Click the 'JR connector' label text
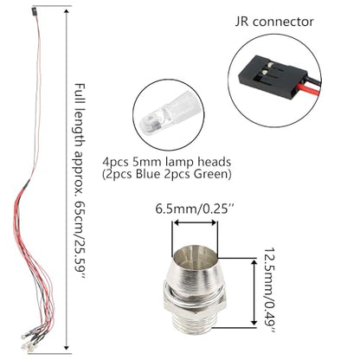(274, 22)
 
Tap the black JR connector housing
(272, 75)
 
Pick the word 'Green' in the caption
(210, 174)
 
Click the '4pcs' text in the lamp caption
(115, 163)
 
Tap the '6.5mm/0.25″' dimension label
(195, 209)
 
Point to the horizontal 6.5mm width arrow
(195, 222)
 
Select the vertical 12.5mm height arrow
(254, 292)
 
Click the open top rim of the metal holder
(194, 254)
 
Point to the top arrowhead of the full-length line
(67, 12)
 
